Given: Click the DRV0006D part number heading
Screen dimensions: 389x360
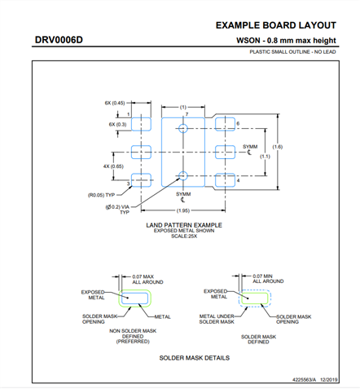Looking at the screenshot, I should pyautogui.click(x=59, y=40).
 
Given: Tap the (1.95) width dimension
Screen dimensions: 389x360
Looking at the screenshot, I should pyautogui.click(x=183, y=210).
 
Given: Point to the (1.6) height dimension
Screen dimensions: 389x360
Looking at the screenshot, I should pyautogui.click(x=278, y=147).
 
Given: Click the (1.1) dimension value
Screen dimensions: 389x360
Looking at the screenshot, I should pyautogui.click(x=265, y=156).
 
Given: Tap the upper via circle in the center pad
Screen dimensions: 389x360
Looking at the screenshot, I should pyautogui.click(x=183, y=129).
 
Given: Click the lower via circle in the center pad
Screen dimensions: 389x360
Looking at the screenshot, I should pyautogui.click(x=183, y=175).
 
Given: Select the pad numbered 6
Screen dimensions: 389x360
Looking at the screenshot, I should pyautogui.click(x=223, y=125).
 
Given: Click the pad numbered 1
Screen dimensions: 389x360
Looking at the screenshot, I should pyautogui.click(x=142, y=125).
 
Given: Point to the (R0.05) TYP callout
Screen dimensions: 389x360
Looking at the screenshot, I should pyautogui.click(x=102, y=196).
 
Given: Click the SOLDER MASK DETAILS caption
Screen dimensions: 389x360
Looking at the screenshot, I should pyautogui.click(x=194, y=357).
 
